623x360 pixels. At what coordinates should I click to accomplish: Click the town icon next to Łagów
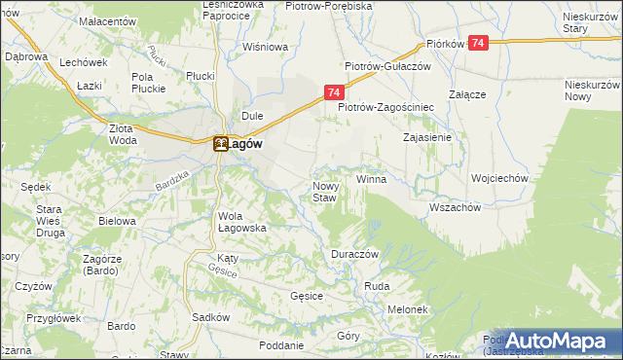[221, 144]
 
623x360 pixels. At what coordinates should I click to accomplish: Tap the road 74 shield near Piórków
[478, 43]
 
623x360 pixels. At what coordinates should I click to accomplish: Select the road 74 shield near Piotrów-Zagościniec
[333, 92]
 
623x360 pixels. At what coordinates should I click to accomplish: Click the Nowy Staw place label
[324, 192]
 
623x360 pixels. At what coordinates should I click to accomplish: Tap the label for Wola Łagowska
[241, 222]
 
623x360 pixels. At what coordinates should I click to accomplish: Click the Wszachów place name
[455, 207]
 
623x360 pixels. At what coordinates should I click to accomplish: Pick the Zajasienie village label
[427, 138]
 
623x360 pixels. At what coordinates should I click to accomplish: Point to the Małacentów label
[107, 20]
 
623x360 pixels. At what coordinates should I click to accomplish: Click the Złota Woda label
[123, 133]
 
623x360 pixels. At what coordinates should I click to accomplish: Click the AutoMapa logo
[551, 340]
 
